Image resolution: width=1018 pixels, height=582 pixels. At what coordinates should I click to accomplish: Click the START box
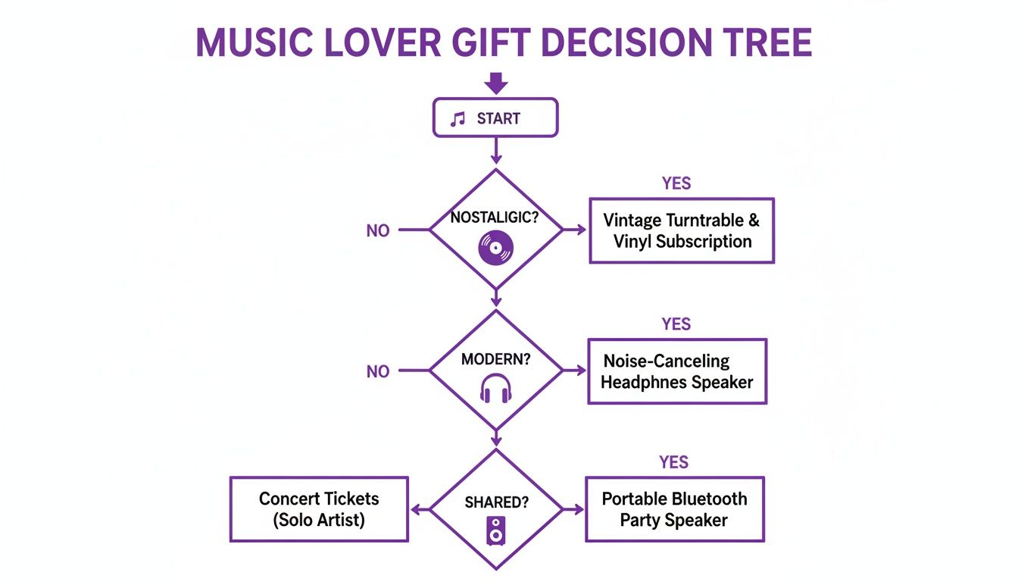[x=495, y=118]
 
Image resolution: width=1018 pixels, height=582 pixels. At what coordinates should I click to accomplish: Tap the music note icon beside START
[x=457, y=119]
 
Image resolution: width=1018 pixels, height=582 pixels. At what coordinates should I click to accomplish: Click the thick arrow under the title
[x=495, y=83]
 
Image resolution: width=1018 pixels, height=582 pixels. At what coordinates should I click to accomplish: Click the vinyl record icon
[x=496, y=248]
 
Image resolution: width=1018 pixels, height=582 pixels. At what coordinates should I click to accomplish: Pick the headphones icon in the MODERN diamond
[x=496, y=390]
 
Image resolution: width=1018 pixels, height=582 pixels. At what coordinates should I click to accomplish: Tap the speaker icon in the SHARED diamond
[x=496, y=530]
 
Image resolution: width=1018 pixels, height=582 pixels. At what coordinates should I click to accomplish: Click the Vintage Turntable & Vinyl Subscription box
[x=682, y=231]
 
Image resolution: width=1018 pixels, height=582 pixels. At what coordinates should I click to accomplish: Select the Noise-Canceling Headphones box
[x=677, y=371]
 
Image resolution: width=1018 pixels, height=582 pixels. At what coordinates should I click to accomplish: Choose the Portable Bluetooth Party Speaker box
[x=674, y=509]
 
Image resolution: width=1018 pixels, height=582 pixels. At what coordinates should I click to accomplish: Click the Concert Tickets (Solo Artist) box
[x=319, y=509]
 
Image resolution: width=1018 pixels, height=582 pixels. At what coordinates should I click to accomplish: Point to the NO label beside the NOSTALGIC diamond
[x=377, y=231]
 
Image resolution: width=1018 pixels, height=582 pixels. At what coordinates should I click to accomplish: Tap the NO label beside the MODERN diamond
[x=377, y=371]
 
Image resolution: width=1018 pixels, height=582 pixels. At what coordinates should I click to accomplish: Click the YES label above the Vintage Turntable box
[x=676, y=183]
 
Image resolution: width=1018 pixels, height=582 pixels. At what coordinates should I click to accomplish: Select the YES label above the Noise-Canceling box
[x=676, y=324]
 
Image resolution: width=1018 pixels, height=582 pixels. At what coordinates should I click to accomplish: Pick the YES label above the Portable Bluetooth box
[x=673, y=462]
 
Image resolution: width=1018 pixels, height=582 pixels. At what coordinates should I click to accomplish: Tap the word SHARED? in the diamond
[x=496, y=502]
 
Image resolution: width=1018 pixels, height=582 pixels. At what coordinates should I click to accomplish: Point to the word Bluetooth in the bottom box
[x=702, y=499]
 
